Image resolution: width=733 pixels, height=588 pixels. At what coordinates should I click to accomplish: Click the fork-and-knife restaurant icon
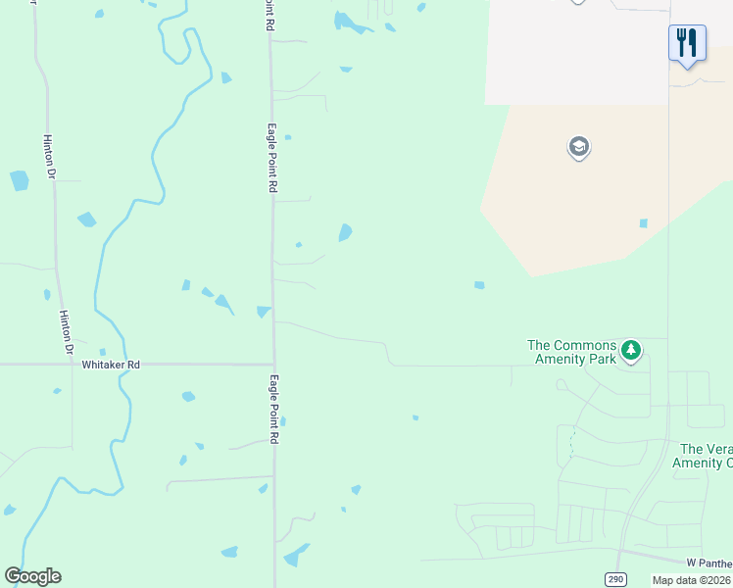(687, 42)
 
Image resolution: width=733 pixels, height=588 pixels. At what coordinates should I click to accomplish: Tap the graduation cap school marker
(578, 147)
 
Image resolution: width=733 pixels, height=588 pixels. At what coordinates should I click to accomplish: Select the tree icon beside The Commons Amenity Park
(632, 349)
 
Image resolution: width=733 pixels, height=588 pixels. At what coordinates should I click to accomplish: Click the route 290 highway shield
(613, 578)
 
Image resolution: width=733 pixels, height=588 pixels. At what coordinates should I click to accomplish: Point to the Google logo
(32, 576)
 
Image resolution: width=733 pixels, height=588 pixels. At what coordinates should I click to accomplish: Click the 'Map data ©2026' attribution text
(692, 580)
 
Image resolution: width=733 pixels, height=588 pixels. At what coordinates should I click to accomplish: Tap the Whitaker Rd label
(111, 365)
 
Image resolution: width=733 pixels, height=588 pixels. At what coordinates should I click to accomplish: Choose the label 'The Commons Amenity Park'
(572, 352)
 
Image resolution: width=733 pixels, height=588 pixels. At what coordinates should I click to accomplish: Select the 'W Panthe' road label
(709, 562)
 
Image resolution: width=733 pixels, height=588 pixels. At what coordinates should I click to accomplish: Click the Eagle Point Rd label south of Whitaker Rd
(274, 411)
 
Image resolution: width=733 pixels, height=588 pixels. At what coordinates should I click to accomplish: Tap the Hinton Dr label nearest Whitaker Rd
(67, 332)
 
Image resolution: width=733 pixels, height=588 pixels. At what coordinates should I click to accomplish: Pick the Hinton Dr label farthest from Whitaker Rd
(48, 157)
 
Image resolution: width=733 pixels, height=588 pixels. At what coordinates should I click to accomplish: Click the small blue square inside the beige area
(643, 223)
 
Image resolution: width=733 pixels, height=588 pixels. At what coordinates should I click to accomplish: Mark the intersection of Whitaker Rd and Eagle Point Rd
(273, 364)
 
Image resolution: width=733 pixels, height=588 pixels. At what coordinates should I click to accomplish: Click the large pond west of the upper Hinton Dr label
(19, 180)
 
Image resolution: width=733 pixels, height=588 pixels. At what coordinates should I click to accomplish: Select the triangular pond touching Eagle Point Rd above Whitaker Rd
(263, 312)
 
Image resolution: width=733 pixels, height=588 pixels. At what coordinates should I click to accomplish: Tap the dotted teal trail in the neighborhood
(569, 446)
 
